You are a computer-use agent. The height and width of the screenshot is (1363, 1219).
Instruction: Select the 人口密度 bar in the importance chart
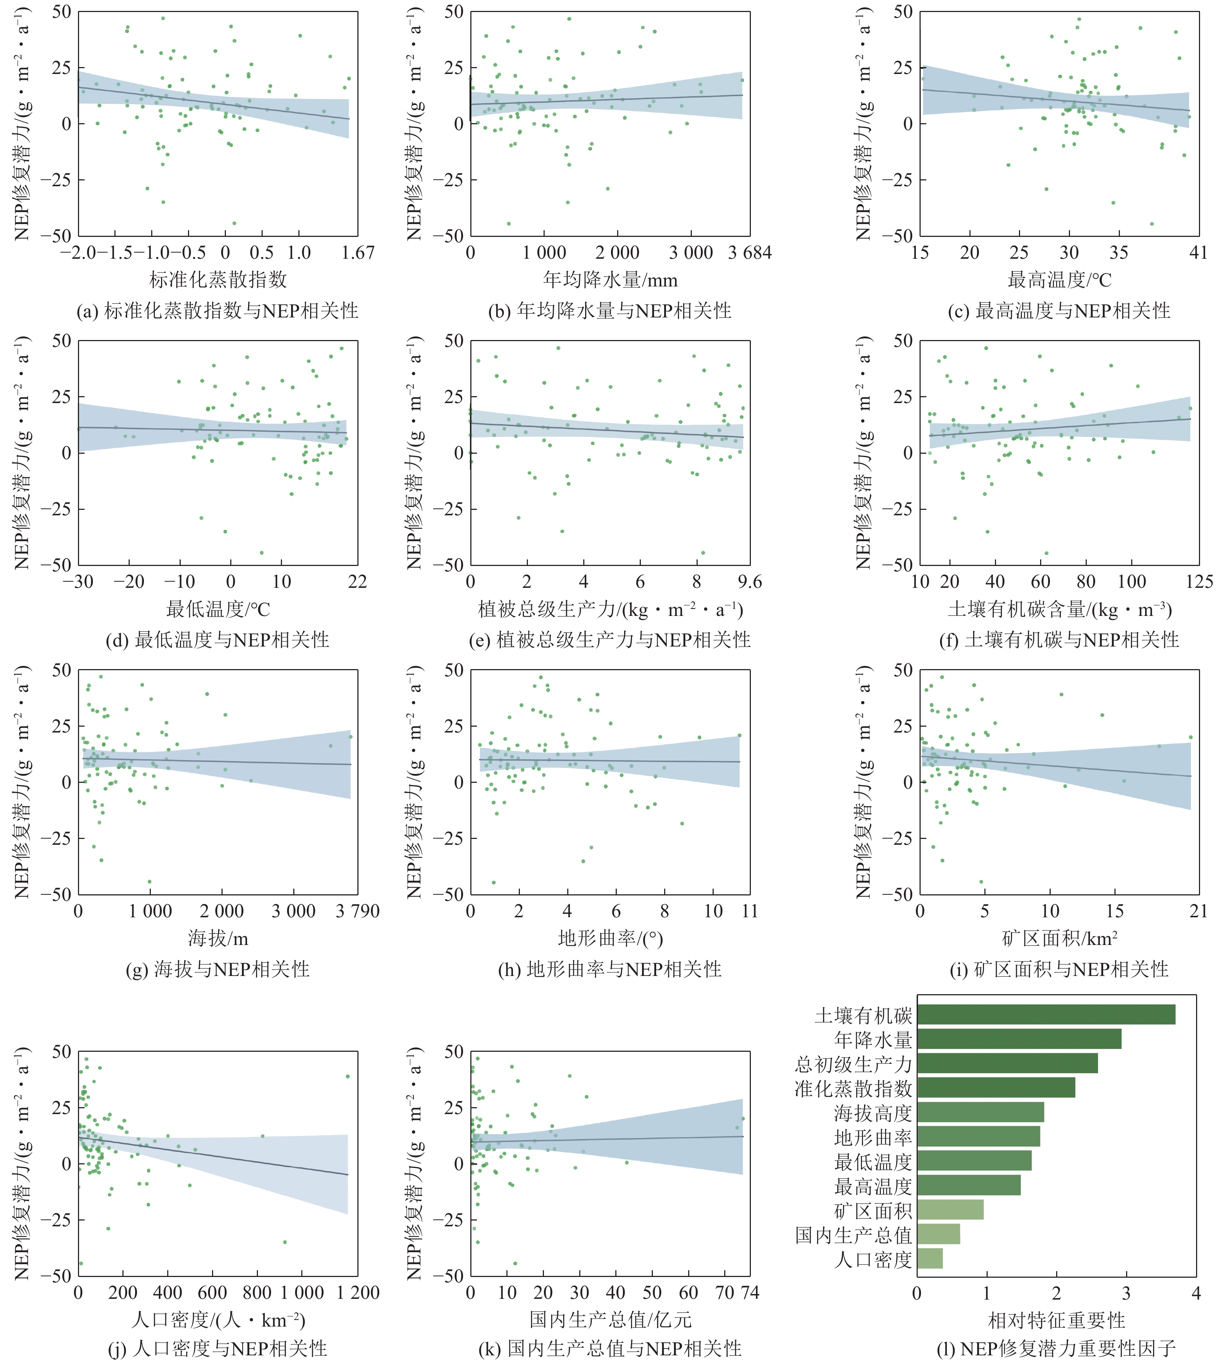pos(930,1258)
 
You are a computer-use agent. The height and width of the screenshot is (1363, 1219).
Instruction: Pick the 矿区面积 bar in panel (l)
pos(950,1210)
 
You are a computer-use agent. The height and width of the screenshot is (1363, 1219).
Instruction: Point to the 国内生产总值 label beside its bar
pos(853,1234)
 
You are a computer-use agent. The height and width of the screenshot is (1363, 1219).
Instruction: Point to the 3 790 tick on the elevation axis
pos(358,911)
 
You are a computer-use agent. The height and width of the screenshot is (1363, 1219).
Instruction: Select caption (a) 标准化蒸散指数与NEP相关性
pos(218,311)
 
